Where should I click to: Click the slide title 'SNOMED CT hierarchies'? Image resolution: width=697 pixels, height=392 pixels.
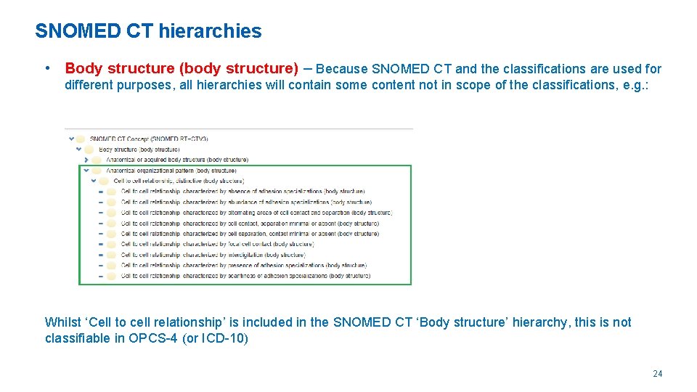(x=148, y=31)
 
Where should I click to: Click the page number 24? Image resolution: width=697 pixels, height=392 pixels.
(x=657, y=374)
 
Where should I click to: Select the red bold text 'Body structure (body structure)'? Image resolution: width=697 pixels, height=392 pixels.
(x=182, y=69)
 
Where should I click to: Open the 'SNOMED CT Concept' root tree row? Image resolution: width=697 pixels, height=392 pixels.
(x=149, y=139)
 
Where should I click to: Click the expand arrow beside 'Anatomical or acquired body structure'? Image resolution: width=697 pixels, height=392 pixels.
(x=87, y=160)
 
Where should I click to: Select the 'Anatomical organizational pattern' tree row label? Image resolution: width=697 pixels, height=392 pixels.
(x=171, y=171)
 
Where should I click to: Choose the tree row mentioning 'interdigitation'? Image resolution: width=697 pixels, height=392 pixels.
(x=213, y=255)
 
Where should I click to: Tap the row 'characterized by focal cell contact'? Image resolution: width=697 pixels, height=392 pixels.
(x=216, y=245)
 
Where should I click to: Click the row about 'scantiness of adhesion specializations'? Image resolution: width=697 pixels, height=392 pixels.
(x=245, y=276)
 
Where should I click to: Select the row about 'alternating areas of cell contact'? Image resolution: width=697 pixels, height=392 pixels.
(x=256, y=213)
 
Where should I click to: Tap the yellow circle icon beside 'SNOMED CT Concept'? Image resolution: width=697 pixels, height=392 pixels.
(x=81, y=139)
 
